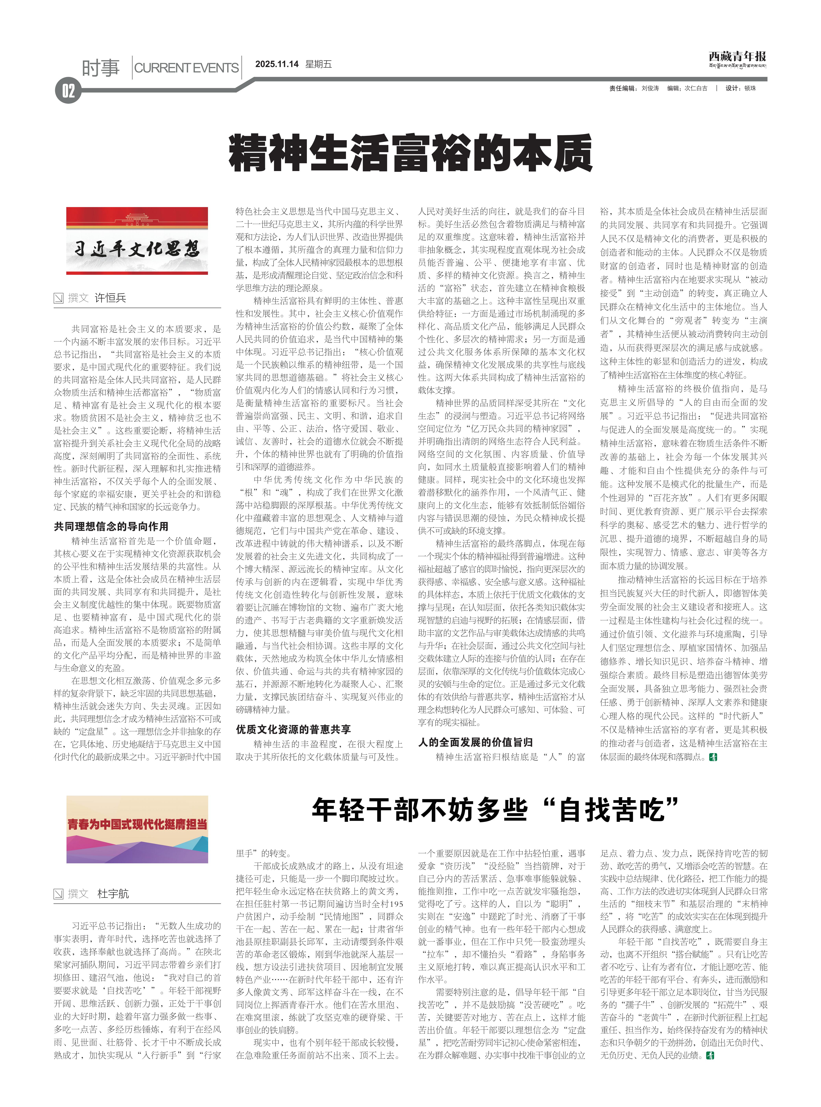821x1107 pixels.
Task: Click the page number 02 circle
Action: tap(68, 91)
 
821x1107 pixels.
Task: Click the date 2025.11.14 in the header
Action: tap(277, 64)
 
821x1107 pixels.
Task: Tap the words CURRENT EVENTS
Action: tap(186, 68)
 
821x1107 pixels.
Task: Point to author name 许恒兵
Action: tap(110, 298)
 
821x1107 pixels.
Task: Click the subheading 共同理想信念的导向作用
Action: tap(111, 526)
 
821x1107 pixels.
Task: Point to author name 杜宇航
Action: tap(113, 894)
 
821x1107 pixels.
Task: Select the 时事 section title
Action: tap(101, 68)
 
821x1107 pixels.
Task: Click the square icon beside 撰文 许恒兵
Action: tap(59, 298)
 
